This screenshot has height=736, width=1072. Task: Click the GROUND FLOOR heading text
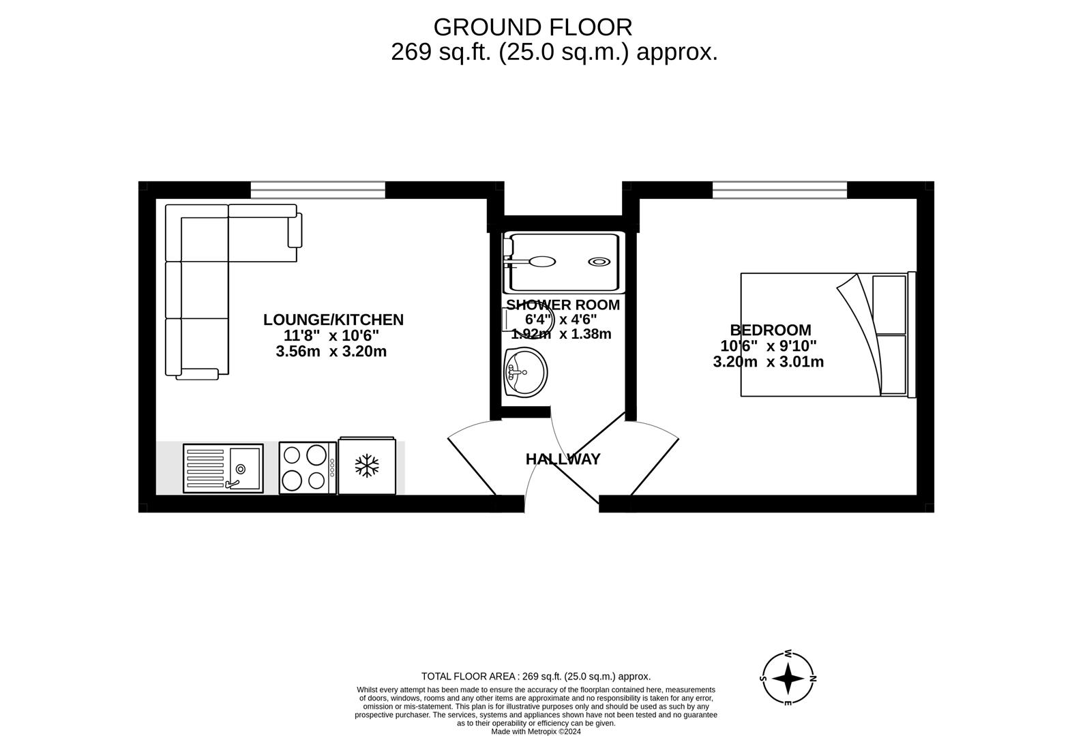point(533,27)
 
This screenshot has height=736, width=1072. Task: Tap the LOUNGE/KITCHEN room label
point(333,320)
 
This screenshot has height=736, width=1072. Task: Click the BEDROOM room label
point(770,331)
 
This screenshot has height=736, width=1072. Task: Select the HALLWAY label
point(563,459)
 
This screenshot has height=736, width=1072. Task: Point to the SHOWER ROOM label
point(563,305)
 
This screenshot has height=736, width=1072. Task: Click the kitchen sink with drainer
point(223,469)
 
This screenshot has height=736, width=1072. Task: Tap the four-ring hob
point(307,467)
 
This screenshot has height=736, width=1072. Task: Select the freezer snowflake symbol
point(367,466)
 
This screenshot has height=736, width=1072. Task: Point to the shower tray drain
point(599,262)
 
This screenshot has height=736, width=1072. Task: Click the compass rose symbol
point(788,679)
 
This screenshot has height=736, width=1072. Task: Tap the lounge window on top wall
point(318,189)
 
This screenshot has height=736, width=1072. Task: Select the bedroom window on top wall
point(779,189)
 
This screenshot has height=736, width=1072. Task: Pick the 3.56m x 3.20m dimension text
point(331,352)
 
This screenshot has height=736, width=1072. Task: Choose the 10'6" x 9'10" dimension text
point(768,346)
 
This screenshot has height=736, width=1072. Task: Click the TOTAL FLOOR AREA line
point(536,677)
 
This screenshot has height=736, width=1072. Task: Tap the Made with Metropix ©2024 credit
point(536,732)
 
